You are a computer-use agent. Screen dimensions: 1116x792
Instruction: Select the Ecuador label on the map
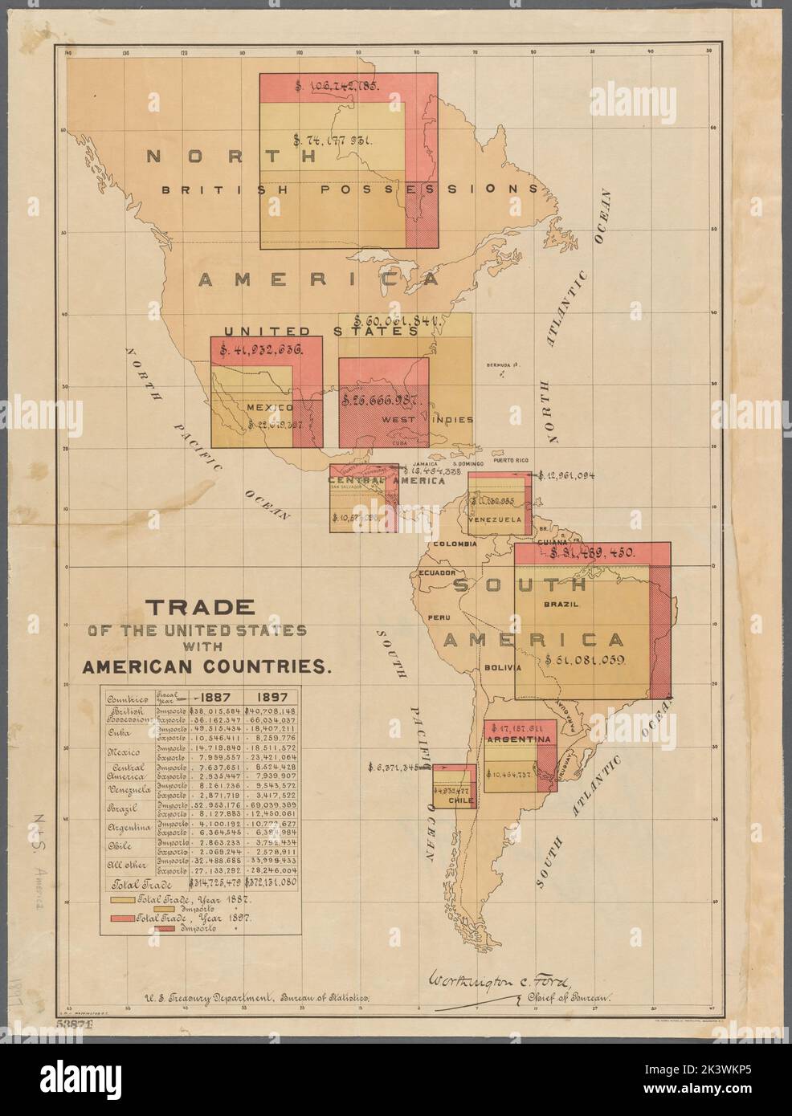point(435,573)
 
